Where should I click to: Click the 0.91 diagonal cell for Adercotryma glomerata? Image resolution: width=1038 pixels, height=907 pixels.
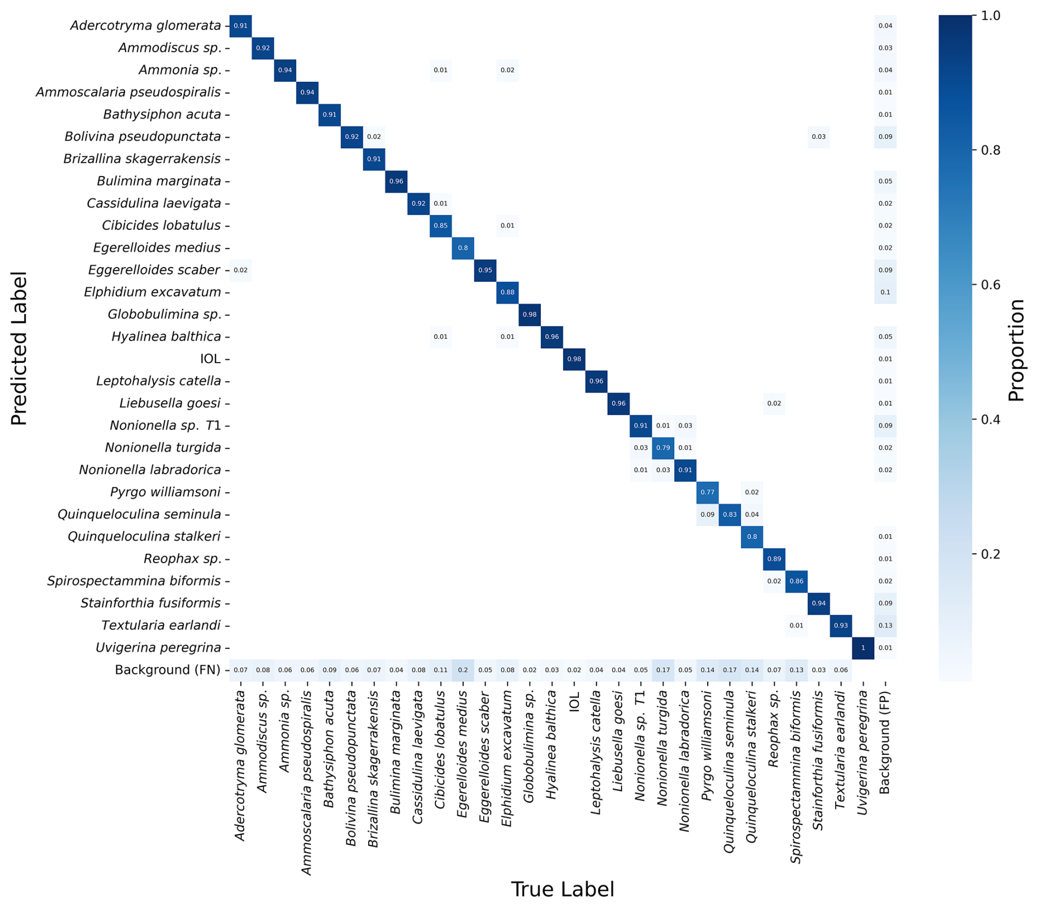pos(240,26)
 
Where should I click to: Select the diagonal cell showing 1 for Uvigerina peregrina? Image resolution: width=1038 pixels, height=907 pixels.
pos(862,648)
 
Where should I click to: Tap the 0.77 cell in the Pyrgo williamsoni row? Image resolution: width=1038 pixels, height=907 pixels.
pos(707,492)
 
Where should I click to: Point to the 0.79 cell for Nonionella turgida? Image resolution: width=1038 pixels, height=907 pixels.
pos(663,448)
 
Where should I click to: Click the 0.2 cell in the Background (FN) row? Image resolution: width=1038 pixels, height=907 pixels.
pos(463,670)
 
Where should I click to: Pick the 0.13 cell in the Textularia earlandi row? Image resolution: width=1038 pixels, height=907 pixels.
pos(885,626)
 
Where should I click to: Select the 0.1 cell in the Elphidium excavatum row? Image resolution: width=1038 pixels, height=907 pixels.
pos(885,292)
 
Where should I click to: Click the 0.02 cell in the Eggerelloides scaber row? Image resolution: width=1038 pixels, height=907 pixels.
pos(240,270)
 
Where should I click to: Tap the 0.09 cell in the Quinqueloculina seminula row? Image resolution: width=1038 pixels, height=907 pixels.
pos(707,514)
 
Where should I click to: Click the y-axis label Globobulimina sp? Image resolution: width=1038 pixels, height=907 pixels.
pos(165,315)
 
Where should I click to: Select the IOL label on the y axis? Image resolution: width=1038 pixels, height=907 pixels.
pos(210,359)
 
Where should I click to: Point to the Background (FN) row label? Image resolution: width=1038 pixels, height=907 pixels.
pos(167,670)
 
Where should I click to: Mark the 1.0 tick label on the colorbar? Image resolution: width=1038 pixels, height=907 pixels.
pos(990,15)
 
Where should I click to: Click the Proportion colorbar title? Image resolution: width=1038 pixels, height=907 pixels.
pos(1016,350)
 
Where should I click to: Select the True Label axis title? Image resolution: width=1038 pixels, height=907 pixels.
pos(562,889)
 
